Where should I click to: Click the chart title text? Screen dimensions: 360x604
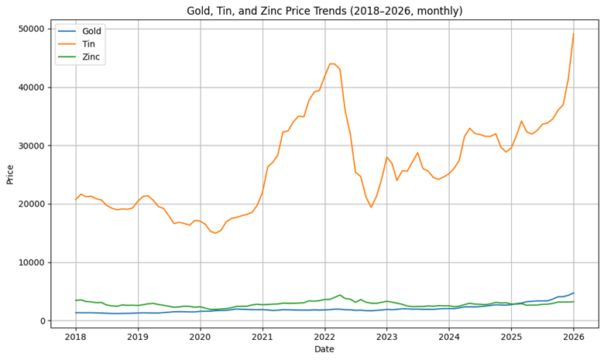[x=324, y=11]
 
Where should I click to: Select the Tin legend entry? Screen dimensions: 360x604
[x=88, y=44]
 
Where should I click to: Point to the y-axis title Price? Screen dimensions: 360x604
[x=10, y=173]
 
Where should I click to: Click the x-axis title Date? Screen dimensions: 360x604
[x=324, y=350]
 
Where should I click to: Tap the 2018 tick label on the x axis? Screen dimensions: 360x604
[x=76, y=337]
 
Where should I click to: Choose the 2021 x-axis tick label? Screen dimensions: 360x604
[x=263, y=337]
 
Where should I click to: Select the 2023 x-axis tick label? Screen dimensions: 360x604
[x=387, y=337]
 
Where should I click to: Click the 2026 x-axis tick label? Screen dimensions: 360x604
[x=573, y=337]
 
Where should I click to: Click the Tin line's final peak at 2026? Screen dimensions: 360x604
[x=573, y=33]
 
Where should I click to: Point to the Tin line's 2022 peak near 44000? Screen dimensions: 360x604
[x=331, y=63]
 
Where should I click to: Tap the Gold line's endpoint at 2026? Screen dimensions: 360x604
[x=573, y=293]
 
